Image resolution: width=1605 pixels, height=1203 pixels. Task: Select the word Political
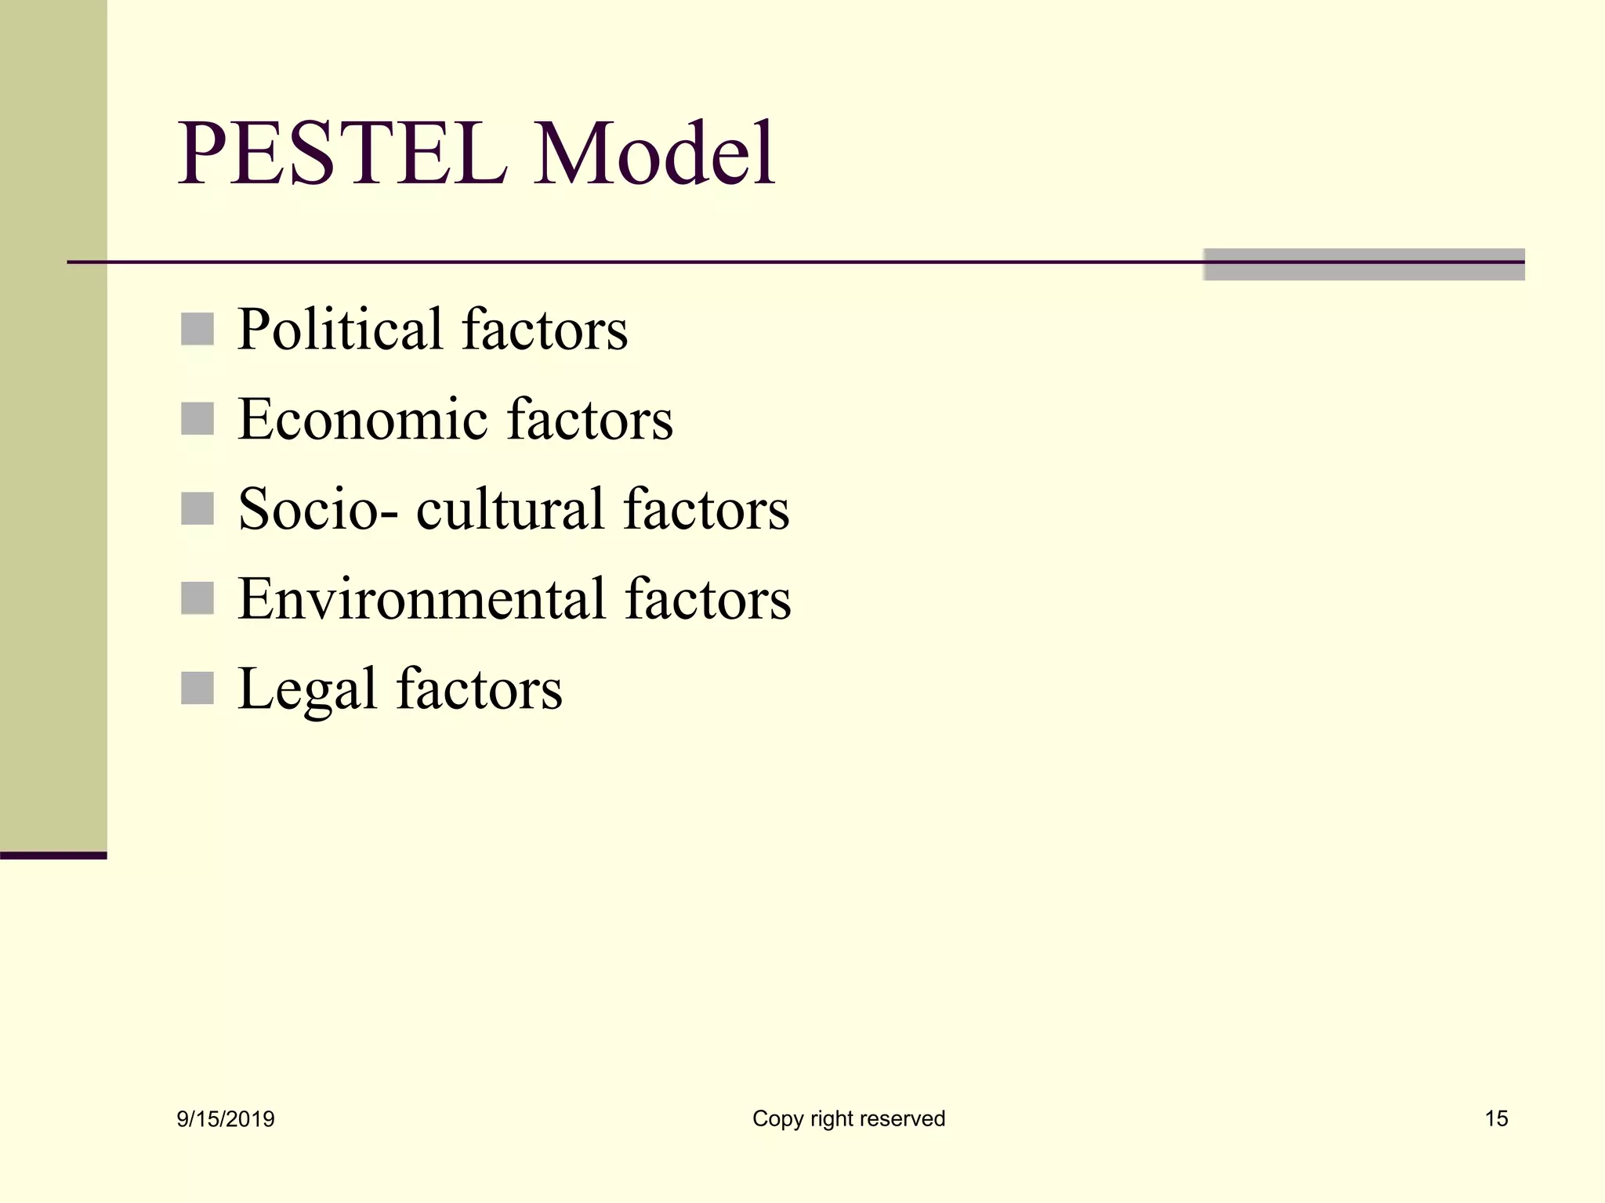340,330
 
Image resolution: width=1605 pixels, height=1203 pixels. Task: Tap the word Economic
362,420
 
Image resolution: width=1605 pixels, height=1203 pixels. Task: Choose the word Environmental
422,599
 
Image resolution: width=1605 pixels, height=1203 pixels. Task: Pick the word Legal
306,689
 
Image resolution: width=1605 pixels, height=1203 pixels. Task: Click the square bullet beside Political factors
197,329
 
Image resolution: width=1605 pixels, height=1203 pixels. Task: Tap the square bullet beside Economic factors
197,419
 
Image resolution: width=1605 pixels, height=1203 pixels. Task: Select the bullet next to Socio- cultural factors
197,509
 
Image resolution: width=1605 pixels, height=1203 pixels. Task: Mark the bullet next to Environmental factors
197,598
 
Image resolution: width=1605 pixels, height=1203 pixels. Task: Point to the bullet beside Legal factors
197,688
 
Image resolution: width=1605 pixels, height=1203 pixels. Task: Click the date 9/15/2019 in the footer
226,1119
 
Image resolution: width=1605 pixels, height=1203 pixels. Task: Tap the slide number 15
1496,1118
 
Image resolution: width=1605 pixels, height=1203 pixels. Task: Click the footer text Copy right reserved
849,1118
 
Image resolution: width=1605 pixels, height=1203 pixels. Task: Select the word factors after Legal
480,689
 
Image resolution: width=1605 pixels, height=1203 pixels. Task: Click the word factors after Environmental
708,599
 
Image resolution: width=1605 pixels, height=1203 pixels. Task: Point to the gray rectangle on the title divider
1364,265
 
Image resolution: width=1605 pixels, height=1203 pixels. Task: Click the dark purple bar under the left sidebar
53,855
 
